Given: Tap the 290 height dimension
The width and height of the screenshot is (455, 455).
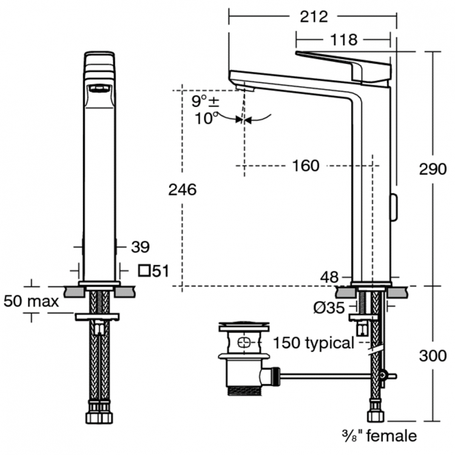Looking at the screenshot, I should tap(433, 170).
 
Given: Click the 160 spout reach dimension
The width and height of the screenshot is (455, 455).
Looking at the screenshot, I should tap(305, 166).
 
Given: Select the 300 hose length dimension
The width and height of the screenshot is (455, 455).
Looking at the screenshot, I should tap(433, 356).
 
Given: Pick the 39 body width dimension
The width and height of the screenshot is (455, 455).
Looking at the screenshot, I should tap(140, 246).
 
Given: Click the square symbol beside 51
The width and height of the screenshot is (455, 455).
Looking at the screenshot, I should tap(144, 271).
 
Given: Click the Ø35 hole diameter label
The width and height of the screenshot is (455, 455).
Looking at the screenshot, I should tap(328, 308).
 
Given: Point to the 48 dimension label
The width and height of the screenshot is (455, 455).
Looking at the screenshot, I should tap(329, 277).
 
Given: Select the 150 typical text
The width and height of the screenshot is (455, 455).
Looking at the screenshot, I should tap(313, 343).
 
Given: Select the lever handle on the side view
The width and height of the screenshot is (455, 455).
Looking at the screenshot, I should tap(343, 64).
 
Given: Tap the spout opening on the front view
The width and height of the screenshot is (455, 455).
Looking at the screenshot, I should tap(99, 90).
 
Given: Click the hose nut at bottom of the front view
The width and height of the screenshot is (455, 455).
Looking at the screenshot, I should tap(98, 419).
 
